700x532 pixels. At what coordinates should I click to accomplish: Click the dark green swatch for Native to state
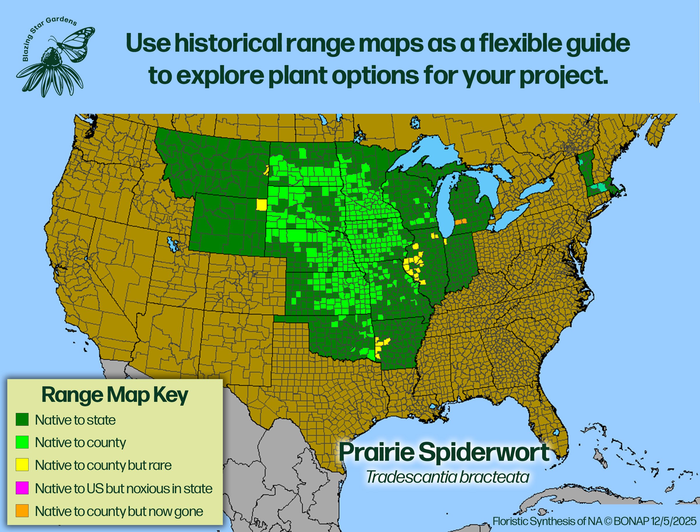tap(22, 419)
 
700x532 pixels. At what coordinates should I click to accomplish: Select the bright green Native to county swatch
tap(22, 442)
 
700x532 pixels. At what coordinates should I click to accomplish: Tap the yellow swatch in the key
tap(22, 465)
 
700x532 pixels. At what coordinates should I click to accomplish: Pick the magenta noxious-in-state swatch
tap(22, 488)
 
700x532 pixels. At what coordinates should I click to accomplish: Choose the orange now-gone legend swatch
tap(22, 511)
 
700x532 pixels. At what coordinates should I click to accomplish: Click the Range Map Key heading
tap(115, 395)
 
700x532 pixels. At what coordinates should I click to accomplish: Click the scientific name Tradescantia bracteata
tap(448, 477)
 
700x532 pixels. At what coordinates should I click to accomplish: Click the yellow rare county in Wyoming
tap(261, 205)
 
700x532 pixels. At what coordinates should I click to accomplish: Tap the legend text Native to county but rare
tap(103, 465)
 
